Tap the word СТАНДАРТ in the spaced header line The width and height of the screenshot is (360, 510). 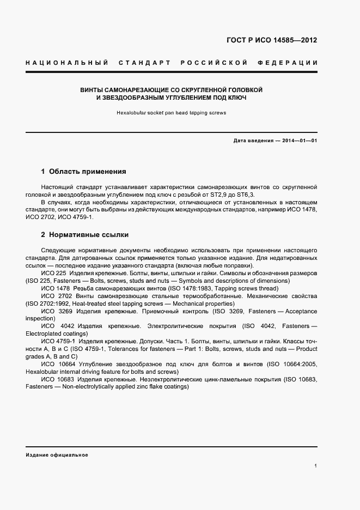tap(142, 63)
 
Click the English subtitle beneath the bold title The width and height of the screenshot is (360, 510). tap(171, 113)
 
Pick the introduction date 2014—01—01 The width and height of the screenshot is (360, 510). tap(298, 141)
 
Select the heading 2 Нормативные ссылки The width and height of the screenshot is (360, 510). tap(84, 235)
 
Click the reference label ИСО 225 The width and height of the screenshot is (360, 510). tap(53, 273)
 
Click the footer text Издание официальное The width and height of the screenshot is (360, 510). tap(57, 455)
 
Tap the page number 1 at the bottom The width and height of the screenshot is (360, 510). tap(316, 465)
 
